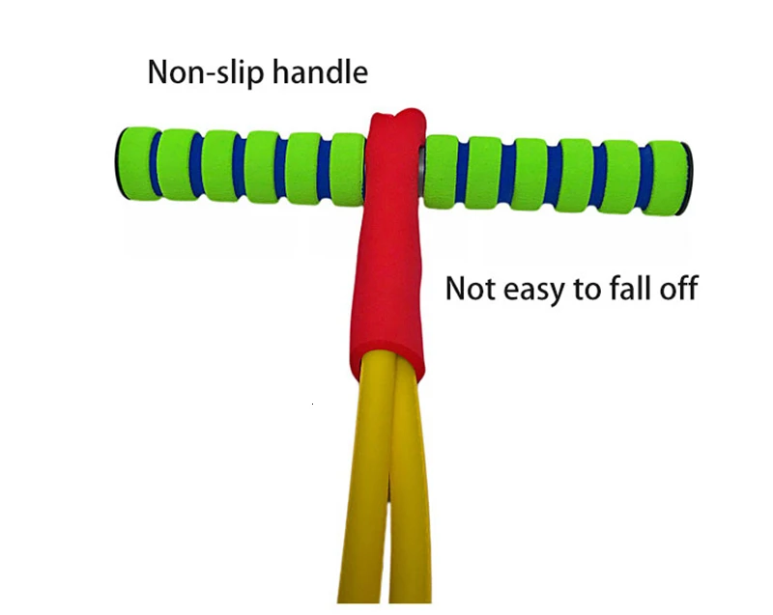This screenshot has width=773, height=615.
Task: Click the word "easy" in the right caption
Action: tap(534, 290)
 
